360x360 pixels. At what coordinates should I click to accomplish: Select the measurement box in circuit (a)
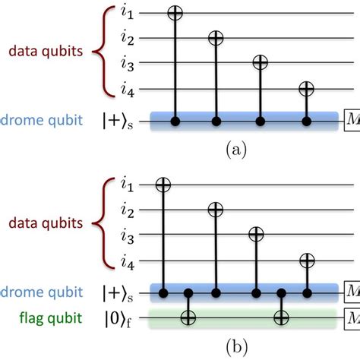click(x=352, y=120)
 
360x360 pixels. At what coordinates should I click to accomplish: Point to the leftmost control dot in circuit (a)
click(x=175, y=121)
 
